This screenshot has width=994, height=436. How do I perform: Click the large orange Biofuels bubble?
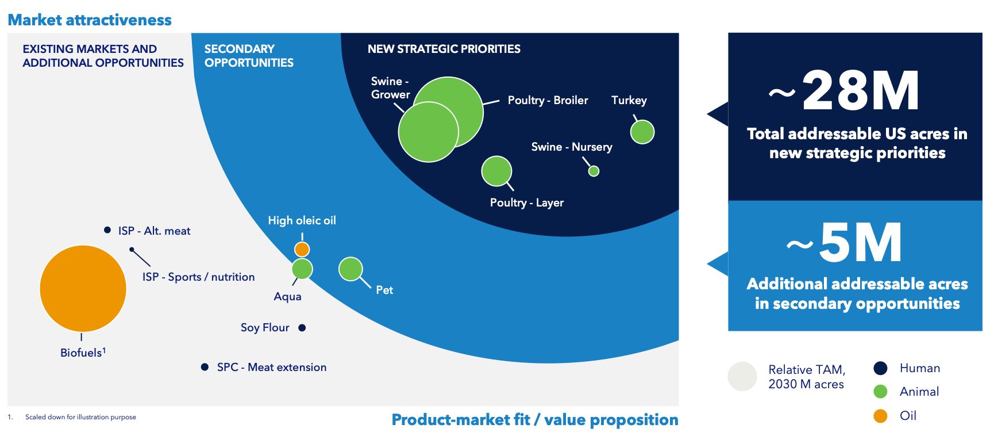coord(83,288)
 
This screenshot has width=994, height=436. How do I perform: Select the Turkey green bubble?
coord(642,132)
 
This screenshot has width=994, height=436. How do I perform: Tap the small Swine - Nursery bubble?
coord(594,171)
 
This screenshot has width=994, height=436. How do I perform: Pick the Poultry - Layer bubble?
coord(496,171)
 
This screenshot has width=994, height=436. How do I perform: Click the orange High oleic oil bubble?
coord(302,249)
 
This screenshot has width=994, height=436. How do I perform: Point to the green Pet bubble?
coord(350,269)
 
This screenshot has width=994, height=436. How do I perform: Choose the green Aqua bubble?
coord(302,269)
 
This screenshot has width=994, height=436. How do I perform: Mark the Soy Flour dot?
coord(302,328)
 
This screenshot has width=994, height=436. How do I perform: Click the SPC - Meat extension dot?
coord(205,367)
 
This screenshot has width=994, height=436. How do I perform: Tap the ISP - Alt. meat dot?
coord(107,230)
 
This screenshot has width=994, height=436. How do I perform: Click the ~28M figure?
coord(845,91)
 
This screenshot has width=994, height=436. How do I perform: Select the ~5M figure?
coord(845,243)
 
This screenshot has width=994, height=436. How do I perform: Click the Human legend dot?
coord(880,368)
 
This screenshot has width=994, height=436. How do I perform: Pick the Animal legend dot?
coord(880,392)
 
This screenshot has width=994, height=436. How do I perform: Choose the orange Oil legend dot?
coord(880,416)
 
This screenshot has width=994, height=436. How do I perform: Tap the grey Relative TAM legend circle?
coord(742,376)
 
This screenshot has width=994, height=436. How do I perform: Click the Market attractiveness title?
coord(90,20)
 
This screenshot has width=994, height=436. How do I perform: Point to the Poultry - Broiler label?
coord(548,100)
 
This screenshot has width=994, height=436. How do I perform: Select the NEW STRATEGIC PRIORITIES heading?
coord(444,49)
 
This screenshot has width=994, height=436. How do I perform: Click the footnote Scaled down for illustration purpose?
coord(80,417)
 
